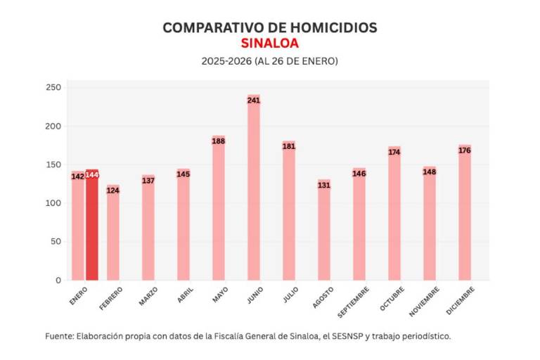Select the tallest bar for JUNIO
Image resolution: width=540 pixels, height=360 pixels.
point(254,190)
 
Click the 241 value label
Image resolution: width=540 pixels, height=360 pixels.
point(254,101)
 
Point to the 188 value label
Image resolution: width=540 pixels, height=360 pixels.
point(219,141)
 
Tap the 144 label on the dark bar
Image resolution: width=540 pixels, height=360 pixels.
point(92,175)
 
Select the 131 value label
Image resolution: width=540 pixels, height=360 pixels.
point(324,185)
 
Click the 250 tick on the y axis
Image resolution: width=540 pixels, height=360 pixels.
point(54,87)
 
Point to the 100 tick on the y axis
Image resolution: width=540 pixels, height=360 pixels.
point(54,203)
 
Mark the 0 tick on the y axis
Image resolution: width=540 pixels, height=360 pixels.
point(59,280)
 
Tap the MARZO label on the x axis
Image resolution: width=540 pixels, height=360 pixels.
point(148,296)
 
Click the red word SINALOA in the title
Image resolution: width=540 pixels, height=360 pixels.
point(270,44)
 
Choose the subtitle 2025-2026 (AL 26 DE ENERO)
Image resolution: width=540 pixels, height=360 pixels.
point(270,61)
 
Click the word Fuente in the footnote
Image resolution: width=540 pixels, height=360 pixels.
point(58,336)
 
